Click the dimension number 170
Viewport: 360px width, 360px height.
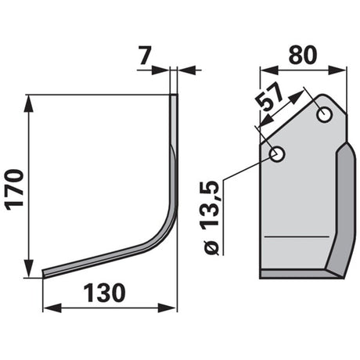point(15,189)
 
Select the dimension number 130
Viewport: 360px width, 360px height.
point(104,293)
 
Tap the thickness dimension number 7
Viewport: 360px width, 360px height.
point(145,56)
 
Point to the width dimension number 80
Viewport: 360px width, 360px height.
point(303,55)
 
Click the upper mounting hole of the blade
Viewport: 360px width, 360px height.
point(324,115)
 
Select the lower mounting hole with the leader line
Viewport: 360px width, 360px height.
point(277,154)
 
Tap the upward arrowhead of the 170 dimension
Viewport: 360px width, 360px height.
point(29,105)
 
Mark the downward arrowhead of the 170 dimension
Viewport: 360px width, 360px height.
point(29,268)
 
